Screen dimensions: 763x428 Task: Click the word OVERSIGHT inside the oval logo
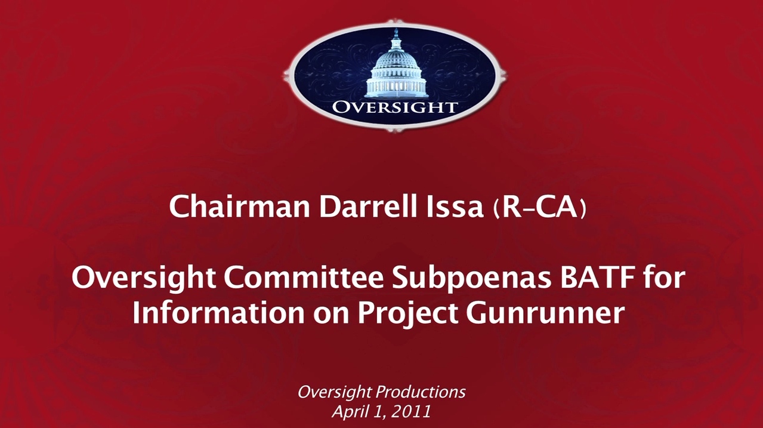tap(394, 107)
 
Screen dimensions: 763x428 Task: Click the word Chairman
tap(239, 207)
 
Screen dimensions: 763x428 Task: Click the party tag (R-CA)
tap(540, 208)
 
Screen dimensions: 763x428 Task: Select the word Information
tap(218, 312)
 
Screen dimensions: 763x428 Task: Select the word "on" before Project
tap(331, 315)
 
